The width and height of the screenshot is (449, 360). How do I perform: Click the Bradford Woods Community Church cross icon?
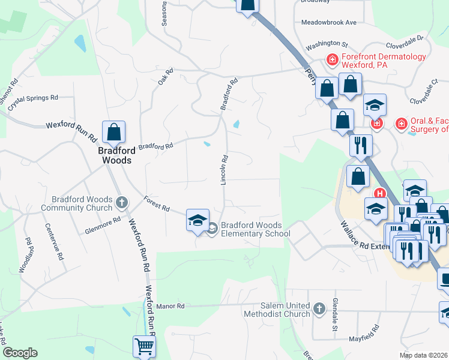coord(122,202)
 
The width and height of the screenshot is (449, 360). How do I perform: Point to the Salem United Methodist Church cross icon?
coord(319,309)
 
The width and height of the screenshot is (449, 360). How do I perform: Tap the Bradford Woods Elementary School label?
coord(255,229)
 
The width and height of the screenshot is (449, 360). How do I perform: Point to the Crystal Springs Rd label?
coord(37,97)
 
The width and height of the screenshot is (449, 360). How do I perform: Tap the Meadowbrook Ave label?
coord(329,22)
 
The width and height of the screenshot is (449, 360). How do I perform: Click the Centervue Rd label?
coord(54,241)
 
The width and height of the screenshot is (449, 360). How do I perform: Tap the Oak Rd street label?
coord(166,77)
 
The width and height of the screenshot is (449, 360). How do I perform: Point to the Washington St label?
coord(327,44)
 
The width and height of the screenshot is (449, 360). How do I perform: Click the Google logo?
coord(20,353)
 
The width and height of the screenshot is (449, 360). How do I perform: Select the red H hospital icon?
coord(379,193)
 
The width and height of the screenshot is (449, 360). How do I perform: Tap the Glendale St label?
coord(336,314)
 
